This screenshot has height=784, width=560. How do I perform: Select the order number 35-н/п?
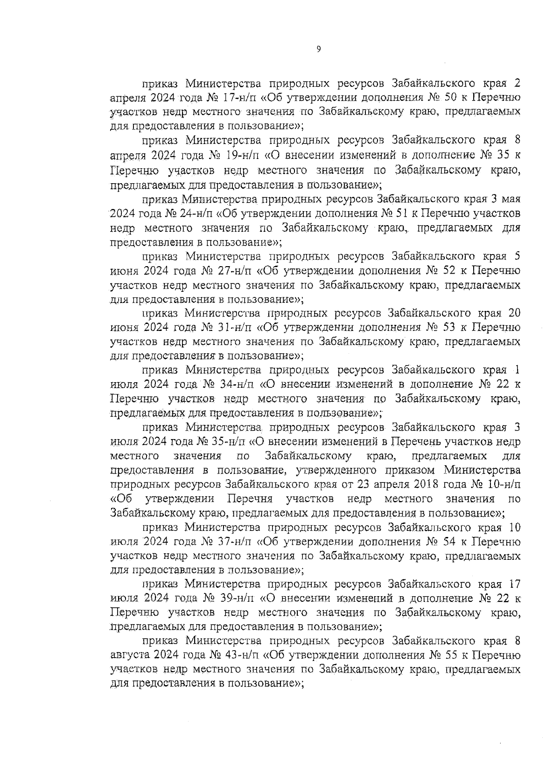231,441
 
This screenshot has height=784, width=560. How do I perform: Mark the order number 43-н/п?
238,655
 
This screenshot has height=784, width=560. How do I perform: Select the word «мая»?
510,199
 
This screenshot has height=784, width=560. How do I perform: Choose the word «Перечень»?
416,441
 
